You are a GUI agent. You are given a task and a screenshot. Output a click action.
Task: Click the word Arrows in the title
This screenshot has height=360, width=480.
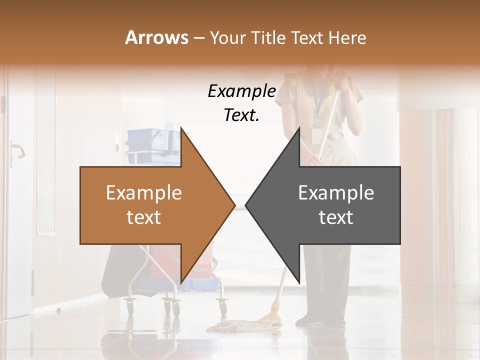pyautogui.click(x=156, y=37)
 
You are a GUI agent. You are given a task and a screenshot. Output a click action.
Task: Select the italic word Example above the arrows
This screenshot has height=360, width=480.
pyautogui.click(x=241, y=91)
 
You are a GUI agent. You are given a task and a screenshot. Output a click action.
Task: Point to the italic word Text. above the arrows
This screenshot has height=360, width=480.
pyautogui.click(x=241, y=115)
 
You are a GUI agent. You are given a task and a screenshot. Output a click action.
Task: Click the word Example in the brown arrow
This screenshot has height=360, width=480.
pyautogui.click(x=144, y=192)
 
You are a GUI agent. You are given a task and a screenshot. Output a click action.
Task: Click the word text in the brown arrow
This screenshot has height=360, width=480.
pyautogui.click(x=144, y=217)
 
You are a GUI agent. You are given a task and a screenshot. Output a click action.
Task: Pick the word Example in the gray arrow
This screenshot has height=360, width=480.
pyautogui.click(x=336, y=192)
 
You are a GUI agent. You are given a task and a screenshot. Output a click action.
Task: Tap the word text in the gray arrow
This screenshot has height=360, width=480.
pyautogui.click(x=336, y=217)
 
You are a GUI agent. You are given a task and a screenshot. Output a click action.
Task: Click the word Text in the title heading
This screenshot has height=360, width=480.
pyautogui.click(x=306, y=37)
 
